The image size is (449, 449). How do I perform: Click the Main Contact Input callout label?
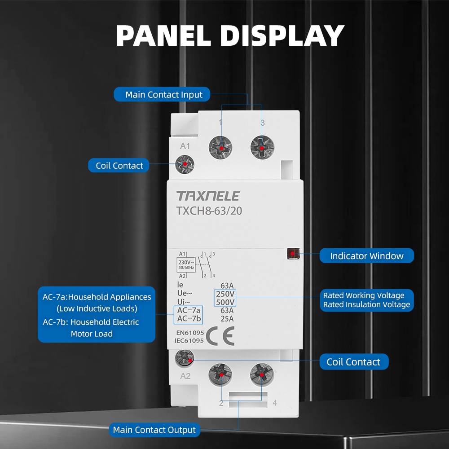pos(164,95)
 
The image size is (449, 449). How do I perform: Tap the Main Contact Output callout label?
pos(154,430)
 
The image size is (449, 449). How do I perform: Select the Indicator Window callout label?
pos(366,256)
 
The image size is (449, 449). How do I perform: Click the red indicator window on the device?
pos(292,254)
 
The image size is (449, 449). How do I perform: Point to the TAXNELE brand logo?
pos(208,196)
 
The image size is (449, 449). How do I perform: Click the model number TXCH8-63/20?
pos(209,211)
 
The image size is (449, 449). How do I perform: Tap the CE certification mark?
pos(220,337)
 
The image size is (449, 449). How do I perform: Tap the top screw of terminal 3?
pos(262,147)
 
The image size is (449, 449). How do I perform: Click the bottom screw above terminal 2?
pos(220,374)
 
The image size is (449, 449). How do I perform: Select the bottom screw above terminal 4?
pos(261,374)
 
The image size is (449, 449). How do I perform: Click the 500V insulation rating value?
pos(225,302)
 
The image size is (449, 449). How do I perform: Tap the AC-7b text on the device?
pos(189,319)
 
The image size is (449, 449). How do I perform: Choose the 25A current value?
pos(227,319)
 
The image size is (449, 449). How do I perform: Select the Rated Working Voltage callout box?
pos(366,300)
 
